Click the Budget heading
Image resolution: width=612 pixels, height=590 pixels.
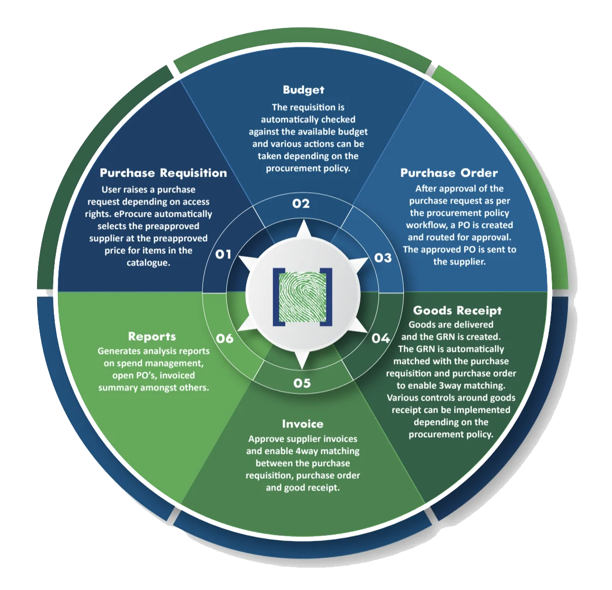pos(303,90)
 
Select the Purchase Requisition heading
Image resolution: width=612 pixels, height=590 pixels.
pos(163,173)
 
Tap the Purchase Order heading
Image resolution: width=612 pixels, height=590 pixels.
pos(449,173)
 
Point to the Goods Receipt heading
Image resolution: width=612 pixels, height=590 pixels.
pos(457,311)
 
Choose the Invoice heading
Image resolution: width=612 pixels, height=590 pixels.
pos(302,424)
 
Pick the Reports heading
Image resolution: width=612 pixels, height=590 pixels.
pos(152,337)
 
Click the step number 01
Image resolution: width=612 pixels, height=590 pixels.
pos(223,254)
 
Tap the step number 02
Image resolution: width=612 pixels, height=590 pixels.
pos(301,204)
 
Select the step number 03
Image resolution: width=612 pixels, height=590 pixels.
pos(383,258)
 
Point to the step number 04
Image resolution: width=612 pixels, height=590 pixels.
pos(381,338)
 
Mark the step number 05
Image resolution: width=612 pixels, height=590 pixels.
pos(302,383)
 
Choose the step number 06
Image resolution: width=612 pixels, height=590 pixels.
pos(224,339)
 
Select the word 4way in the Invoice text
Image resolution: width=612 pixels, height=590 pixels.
pos(307,451)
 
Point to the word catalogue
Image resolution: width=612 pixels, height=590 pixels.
pos(149,263)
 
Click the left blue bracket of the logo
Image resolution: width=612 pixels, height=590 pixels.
pos(279,297)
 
